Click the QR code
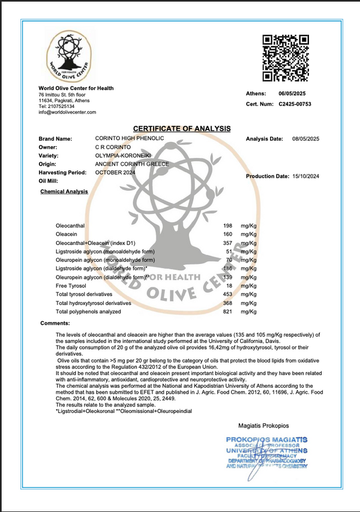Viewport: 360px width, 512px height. click(x=286, y=58)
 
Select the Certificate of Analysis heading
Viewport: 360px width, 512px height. click(x=182, y=128)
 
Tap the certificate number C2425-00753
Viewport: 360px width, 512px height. click(x=295, y=104)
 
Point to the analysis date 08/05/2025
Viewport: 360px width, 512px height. click(x=305, y=139)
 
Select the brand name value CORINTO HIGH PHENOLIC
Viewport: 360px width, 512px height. click(x=130, y=139)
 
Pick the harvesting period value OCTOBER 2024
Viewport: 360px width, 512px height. click(x=115, y=172)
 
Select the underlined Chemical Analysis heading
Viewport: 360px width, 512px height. click(x=64, y=192)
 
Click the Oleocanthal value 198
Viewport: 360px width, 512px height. click(x=227, y=224)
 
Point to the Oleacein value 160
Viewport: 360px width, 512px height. click(x=227, y=233)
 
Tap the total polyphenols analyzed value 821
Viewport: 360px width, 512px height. click(x=227, y=312)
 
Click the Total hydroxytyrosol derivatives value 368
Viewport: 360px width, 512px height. click(x=227, y=303)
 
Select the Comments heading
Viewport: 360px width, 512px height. click(x=55, y=324)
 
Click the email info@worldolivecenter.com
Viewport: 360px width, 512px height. click(x=67, y=112)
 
